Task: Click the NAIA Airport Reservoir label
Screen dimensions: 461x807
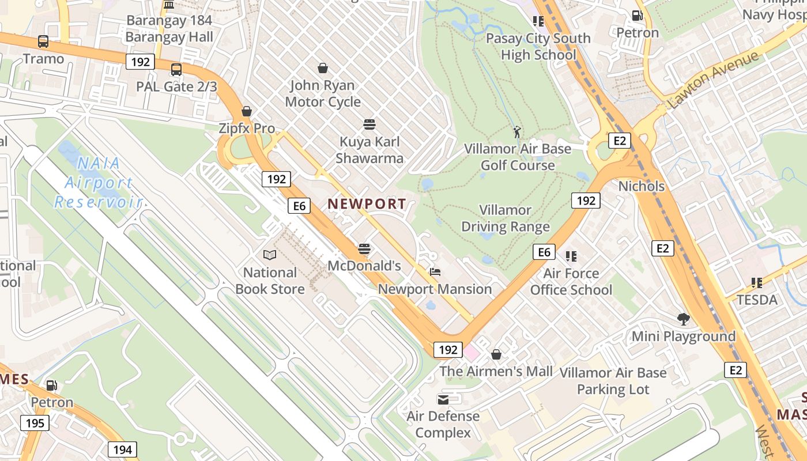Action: [98, 182]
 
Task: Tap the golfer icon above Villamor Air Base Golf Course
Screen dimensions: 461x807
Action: [517, 132]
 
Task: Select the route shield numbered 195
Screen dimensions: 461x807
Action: [35, 423]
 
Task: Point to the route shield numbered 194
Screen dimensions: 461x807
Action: [123, 449]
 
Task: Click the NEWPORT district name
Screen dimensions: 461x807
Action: [367, 204]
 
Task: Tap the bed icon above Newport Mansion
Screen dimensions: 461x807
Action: [435, 271]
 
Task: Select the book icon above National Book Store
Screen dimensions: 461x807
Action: [270, 255]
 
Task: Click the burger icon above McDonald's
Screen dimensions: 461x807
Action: [364, 248]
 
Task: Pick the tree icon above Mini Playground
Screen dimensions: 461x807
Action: [684, 319]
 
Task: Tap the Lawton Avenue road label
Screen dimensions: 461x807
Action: [714, 80]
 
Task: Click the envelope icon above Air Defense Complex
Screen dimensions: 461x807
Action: [443, 399]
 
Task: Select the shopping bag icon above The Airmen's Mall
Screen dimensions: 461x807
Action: [496, 354]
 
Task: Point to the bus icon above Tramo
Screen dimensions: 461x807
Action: [43, 41]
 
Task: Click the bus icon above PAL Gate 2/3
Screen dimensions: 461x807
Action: [176, 70]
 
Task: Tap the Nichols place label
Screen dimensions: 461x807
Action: [641, 186]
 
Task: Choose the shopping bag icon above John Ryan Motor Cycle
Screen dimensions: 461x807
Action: [323, 68]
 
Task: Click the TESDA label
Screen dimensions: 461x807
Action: [757, 300]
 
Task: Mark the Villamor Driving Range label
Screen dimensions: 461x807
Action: [506, 218]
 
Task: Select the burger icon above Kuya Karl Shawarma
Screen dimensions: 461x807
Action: [369, 124]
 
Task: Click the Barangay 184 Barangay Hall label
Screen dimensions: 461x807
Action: [169, 29]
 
